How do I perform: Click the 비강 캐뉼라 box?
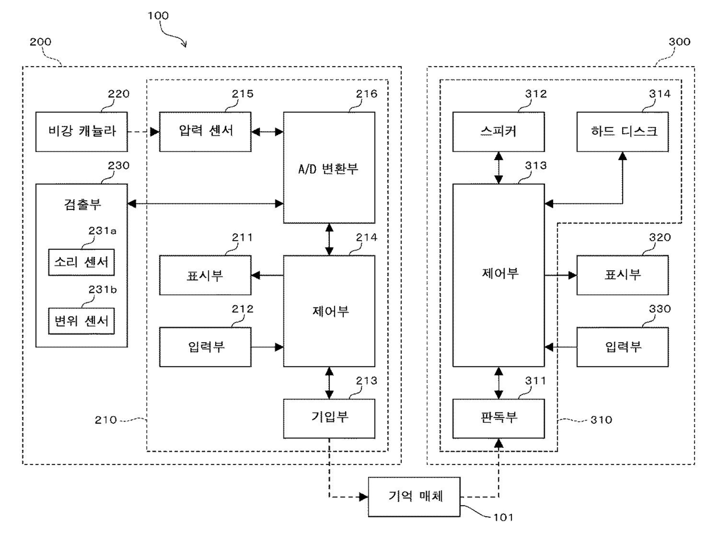tap(81, 132)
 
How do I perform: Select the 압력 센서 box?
tap(205, 132)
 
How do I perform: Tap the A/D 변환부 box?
tap(329, 168)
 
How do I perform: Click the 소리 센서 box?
tap(81, 262)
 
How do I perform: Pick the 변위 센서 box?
tap(81, 321)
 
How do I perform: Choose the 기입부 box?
tap(329, 419)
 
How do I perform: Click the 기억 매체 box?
tap(414, 496)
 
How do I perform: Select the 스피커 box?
tap(499, 132)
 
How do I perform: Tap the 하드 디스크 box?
tap(622, 132)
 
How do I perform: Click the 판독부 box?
tap(499, 419)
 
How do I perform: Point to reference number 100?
tap(158, 16)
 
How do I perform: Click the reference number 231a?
tap(103, 231)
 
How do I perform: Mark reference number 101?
tap(503, 517)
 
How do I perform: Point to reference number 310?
tap(601, 420)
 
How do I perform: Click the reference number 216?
tap(366, 94)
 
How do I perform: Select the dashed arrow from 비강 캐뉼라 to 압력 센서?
tap(144, 132)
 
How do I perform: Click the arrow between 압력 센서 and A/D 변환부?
tap(267, 132)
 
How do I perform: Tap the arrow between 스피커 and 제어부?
tap(499, 168)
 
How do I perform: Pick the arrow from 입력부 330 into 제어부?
tap(561, 347)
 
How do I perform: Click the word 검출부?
tap(82, 205)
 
